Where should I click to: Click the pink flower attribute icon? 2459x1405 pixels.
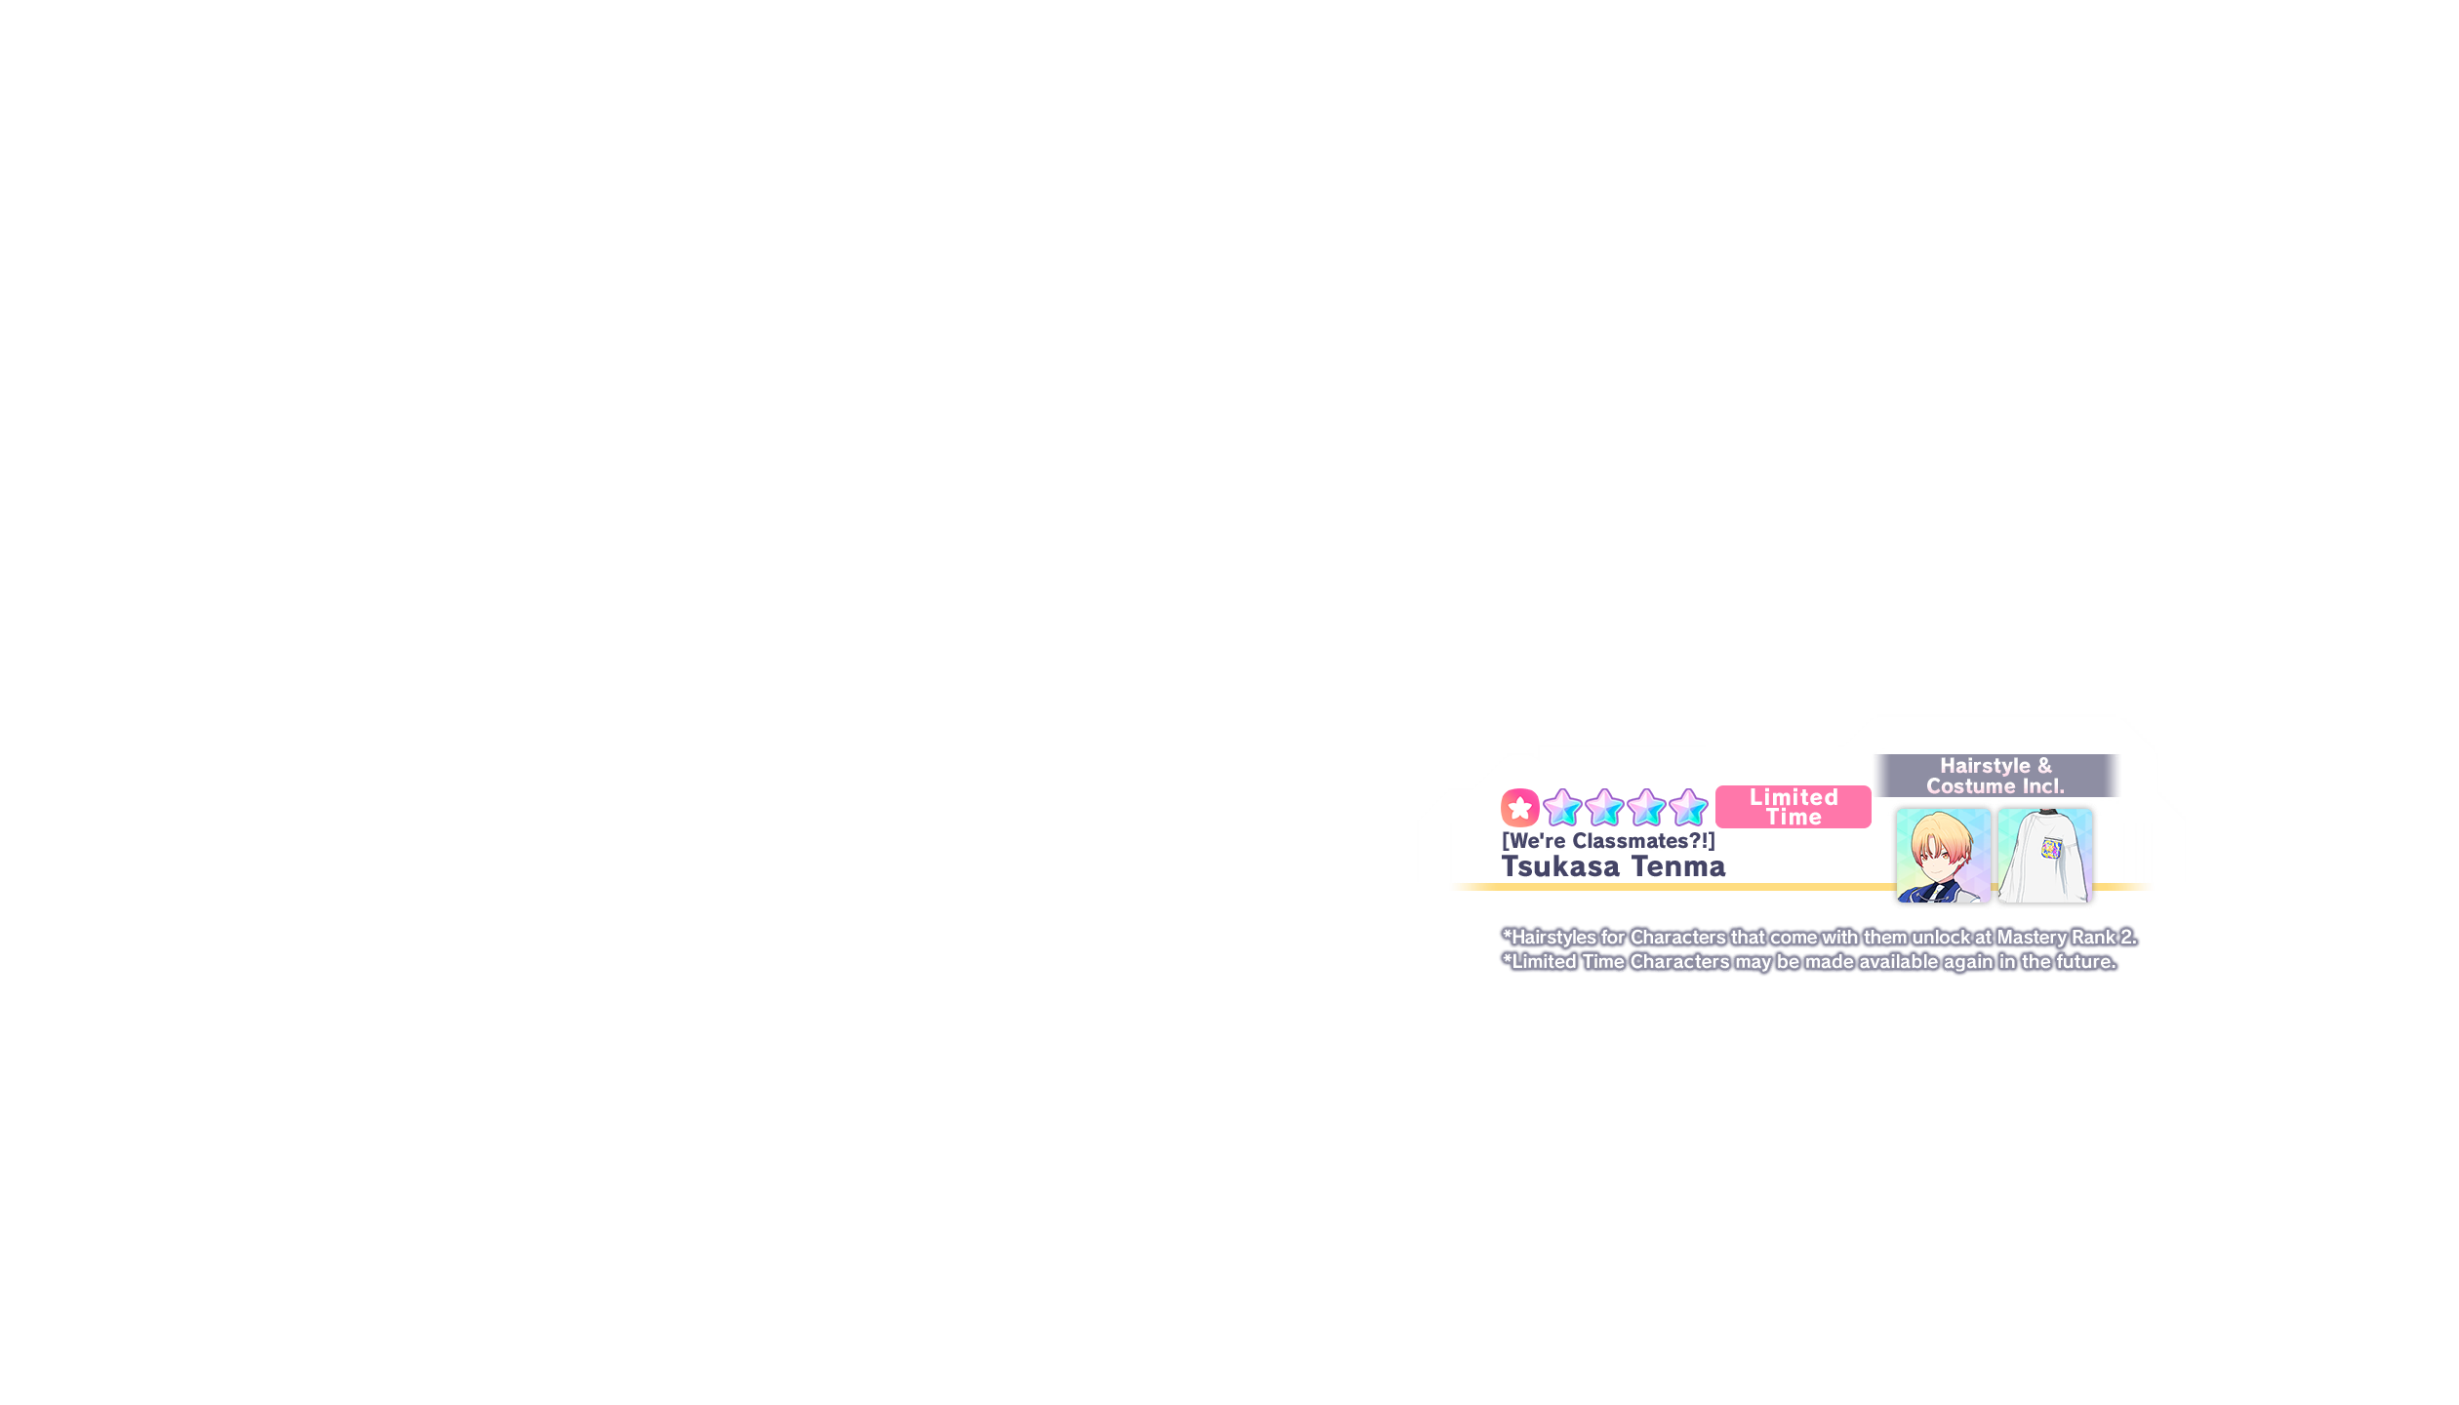(1519, 808)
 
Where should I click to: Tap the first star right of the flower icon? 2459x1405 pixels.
(1562, 808)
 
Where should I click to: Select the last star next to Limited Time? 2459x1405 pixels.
(1688, 808)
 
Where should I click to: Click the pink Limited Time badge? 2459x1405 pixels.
(1794, 807)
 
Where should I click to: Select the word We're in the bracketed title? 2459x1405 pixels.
(1539, 841)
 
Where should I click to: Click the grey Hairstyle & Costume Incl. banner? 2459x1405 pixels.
(1995, 776)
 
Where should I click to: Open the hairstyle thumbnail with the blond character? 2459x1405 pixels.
(1943, 856)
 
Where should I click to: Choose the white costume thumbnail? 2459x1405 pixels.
(2044, 856)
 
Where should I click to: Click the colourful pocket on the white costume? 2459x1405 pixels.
(2051, 848)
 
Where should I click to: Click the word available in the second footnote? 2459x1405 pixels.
(1897, 962)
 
